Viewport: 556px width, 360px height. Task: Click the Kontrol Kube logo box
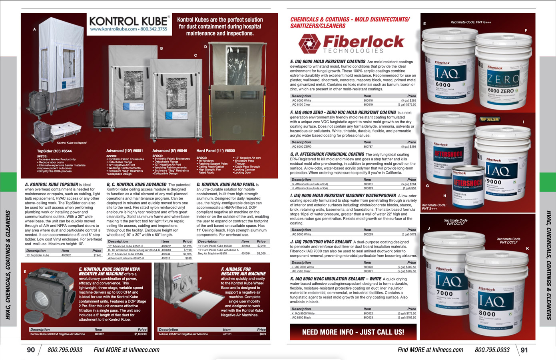pyautogui.click(x=129, y=24)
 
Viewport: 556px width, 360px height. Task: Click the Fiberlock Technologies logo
pyautogui.click(x=351, y=44)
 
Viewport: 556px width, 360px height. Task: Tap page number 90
pyautogui.click(x=31, y=350)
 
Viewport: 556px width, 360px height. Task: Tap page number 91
pyautogui.click(x=524, y=350)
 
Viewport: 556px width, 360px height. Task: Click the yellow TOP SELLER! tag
pyautogui.click(x=490, y=119)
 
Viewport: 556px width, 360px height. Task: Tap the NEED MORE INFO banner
pyautogui.click(x=353, y=332)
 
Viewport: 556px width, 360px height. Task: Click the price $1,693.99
pyautogui.click(x=140, y=334)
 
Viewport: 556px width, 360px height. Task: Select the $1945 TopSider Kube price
pyautogui.click(x=97, y=255)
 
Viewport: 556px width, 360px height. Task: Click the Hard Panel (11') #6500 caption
pyautogui.click(x=215, y=151)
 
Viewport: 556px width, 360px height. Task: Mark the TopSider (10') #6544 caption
pyautogui.click(x=54, y=151)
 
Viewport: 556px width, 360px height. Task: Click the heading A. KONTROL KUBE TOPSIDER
pyautogui.click(x=52, y=185)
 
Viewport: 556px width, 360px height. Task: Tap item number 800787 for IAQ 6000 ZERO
pyautogui.click(x=368, y=147)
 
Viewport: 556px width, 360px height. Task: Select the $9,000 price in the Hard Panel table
pyautogui.click(x=261, y=253)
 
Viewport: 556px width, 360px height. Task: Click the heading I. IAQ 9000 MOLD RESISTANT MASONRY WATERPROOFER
pyautogui.click(x=343, y=196)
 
